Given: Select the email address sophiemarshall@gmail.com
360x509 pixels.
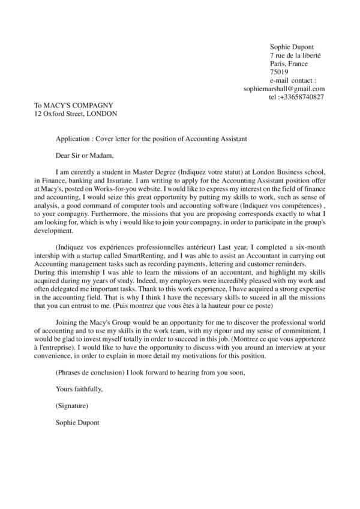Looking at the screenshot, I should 284,89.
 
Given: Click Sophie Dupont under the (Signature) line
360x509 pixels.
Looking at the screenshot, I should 77,423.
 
